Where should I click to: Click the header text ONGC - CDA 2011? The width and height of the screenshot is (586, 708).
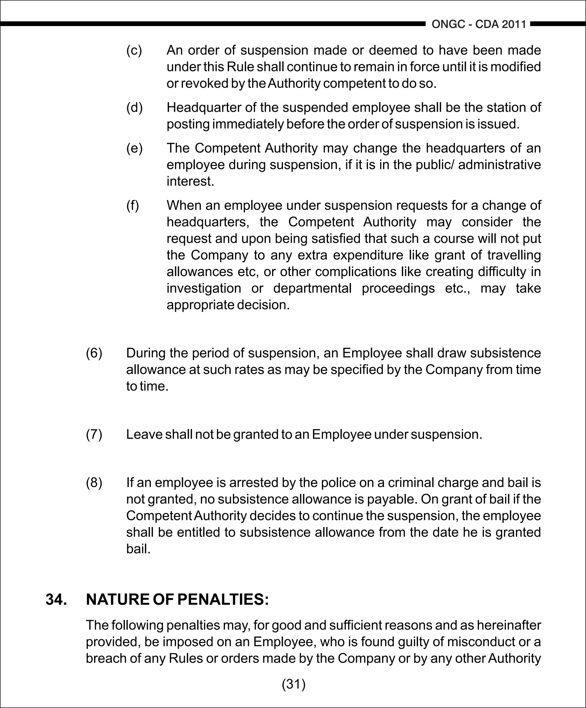pos(479,24)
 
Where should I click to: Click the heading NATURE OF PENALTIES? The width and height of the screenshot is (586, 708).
pos(177,599)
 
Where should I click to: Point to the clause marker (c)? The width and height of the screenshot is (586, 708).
pos(134,51)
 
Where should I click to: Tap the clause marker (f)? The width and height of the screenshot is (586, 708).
pos(133,205)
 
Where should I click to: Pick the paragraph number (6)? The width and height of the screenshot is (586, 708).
pos(94,353)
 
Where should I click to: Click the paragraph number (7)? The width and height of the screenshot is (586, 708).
pos(94,434)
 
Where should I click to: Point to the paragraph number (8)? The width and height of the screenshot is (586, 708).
pos(94,483)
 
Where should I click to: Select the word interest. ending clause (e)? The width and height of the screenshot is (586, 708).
pos(190,182)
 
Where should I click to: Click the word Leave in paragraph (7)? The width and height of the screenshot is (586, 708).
pos(144,434)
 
